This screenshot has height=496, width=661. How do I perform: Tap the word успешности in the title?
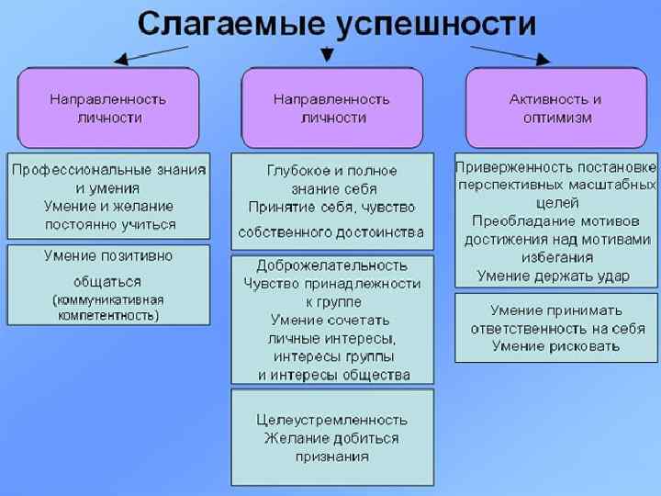[x=435, y=23]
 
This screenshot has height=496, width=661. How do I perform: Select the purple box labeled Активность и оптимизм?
[x=555, y=107]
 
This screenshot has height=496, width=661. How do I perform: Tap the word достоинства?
[x=382, y=231]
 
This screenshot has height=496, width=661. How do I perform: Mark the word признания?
[x=331, y=456]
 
